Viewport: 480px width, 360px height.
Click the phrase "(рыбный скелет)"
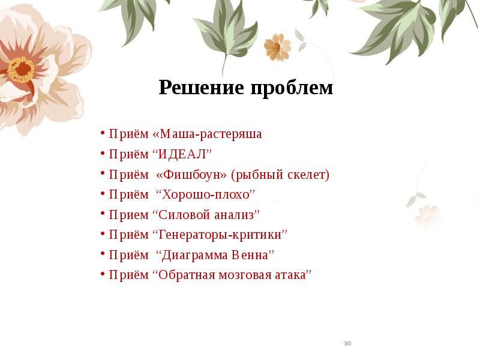coord(281,175)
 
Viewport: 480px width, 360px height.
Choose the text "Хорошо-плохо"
coord(206,194)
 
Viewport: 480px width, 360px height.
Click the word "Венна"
coord(251,255)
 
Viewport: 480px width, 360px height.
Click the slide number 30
coord(347,344)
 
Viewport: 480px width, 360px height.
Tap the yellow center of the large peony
coord(22,69)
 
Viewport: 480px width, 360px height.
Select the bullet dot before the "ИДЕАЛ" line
coord(104,154)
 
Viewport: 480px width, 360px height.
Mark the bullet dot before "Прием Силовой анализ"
coord(104,215)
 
